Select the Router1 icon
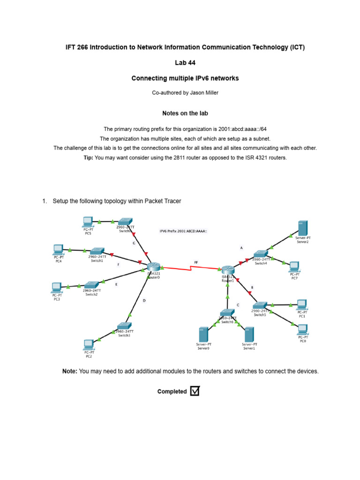(228, 270)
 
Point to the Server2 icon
(303, 228)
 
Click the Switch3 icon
(124, 326)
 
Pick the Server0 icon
(203, 335)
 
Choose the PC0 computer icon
(302, 329)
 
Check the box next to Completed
(195, 391)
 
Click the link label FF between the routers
(196, 262)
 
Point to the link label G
(134, 243)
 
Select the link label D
(144, 301)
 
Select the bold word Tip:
(88, 157)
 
